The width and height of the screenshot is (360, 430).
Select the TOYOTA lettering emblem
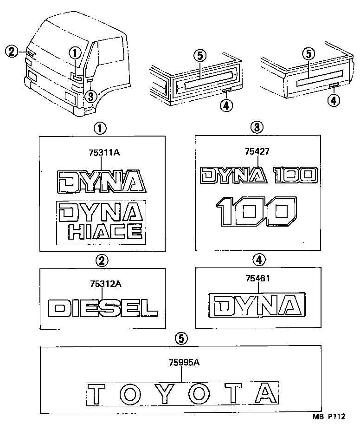pos(182,394)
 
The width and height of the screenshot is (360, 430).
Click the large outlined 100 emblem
pos(257,211)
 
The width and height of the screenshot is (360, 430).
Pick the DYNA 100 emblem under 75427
pos(258,175)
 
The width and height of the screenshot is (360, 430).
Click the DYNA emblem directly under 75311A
pos(101,181)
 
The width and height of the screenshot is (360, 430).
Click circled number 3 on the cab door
pos(91,96)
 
